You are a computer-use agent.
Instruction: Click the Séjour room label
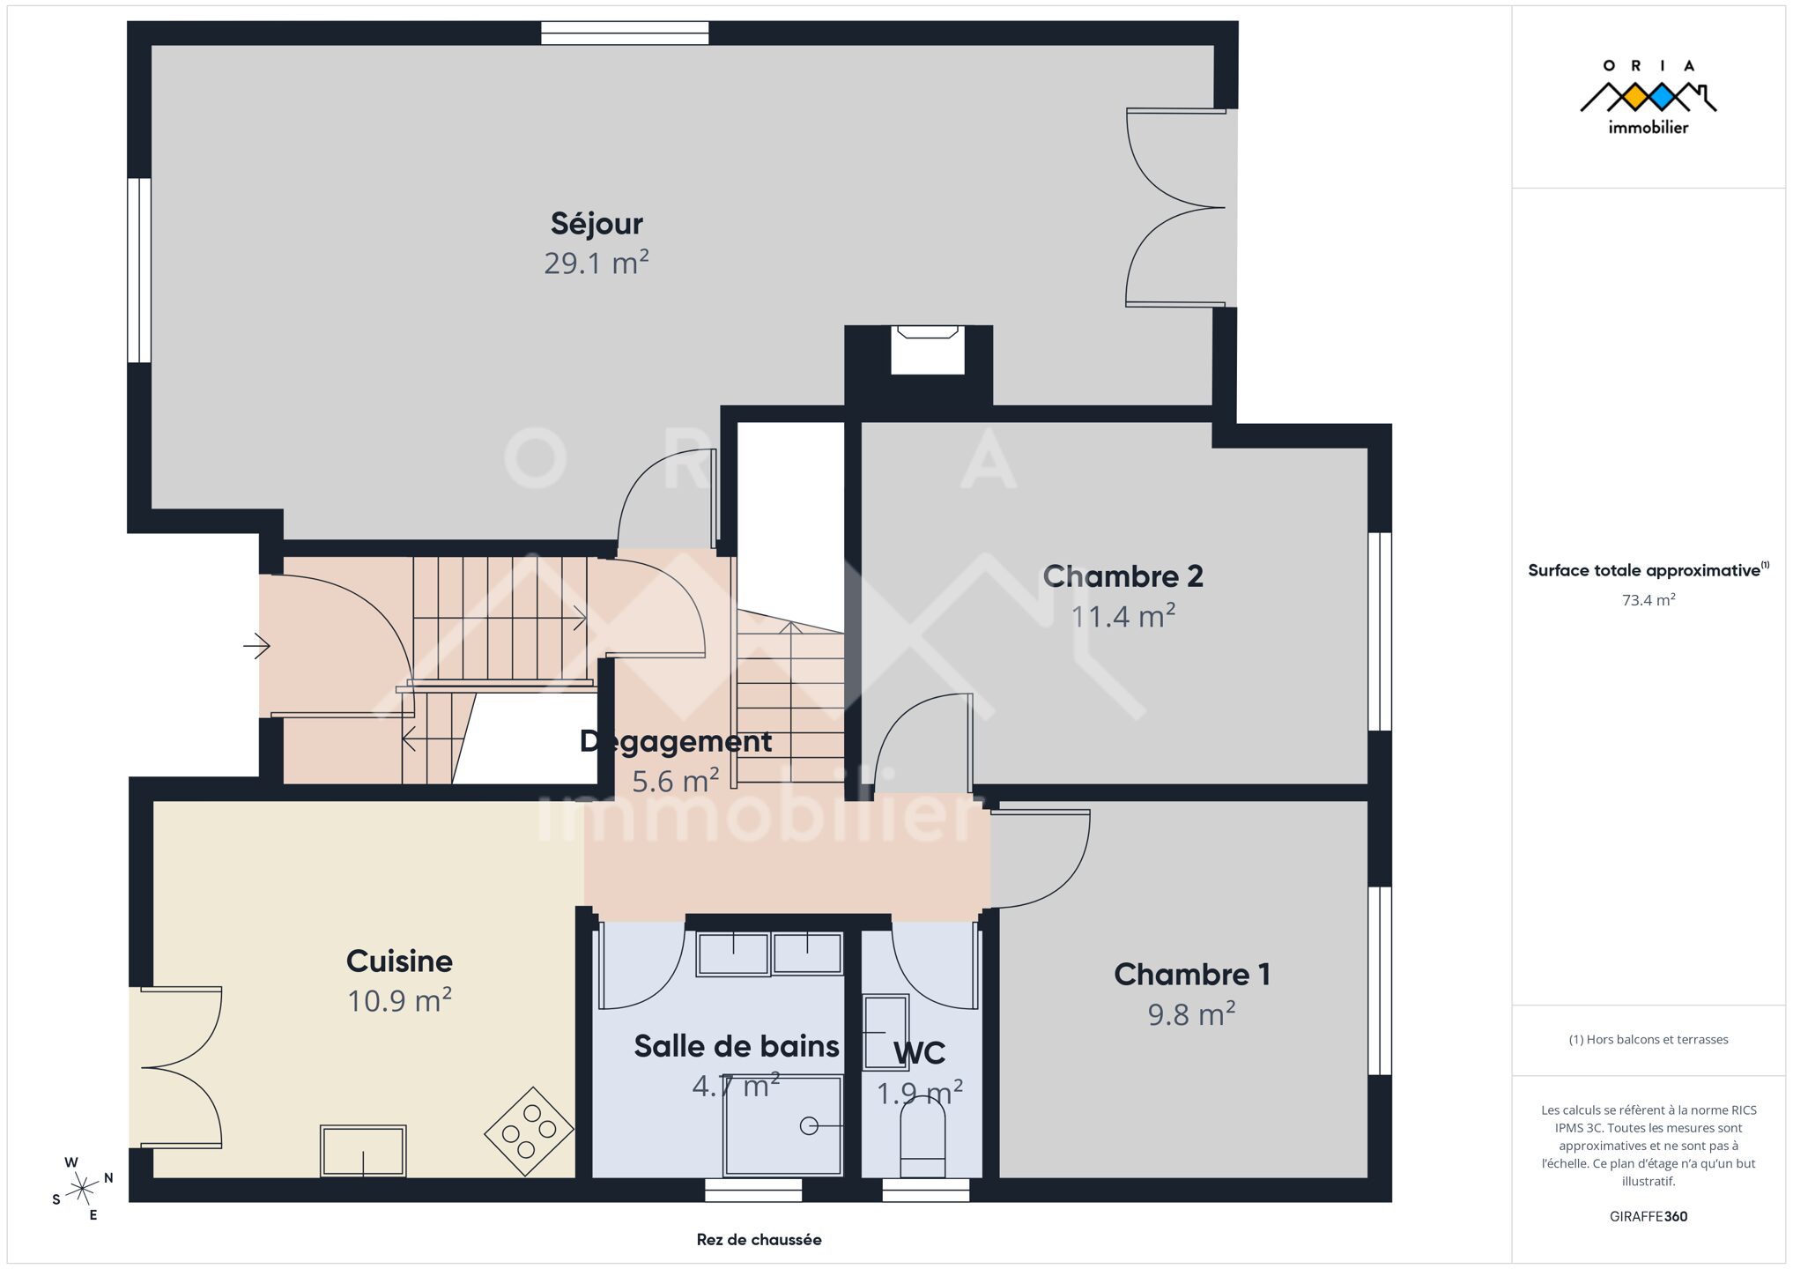pyautogui.click(x=596, y=224)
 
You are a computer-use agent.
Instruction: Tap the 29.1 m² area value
pyautogui.click(x=596, y=263)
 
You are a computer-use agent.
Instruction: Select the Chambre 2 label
pyautogui.click(x=1122, y=576)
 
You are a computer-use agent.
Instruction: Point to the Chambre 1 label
pyautogui.click(x=1191, y=975)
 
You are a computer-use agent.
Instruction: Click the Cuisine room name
pyautogui.click(x=399, y=961)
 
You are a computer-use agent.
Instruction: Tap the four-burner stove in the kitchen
pyautogui.click(x=529, y=1131)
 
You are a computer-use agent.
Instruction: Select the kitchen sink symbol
pyautogui.click(x=363, y=1151)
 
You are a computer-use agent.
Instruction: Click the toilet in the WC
pyautogui.click(x=922, y=1137)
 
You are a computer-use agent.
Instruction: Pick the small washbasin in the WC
pyautogui.click(x=885, y=1032)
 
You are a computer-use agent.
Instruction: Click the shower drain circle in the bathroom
pyautogui.click(x=809, y=1126)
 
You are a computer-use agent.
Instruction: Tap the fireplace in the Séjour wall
pyautogui.click(x=927, y=349)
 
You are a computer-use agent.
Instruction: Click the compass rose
pyautogui.click(x=82, y=1189)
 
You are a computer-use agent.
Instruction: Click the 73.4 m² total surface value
pyautogui.click(x=1649, y=600)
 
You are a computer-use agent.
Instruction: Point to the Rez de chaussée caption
pyautogui.click(x=759, y=1240)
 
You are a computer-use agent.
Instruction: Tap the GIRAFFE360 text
pyautogui.click(x=1649, y=1216)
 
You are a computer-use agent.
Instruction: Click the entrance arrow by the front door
pyautogui.click(x=256, y=646)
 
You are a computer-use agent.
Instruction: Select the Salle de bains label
pyautogui.click(x=737, y=1046)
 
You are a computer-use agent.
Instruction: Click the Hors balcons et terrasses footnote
pyautogui.click(x=1649, y=1040)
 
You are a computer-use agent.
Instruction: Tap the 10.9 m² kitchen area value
pyautogui.click(x=399, y=1001)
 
